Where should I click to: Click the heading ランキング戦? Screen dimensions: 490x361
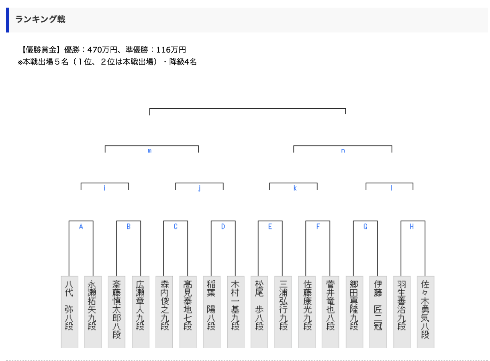point(40,19)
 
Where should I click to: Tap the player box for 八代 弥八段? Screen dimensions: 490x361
point(69,311)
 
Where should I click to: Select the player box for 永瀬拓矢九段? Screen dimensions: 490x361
point(93,311)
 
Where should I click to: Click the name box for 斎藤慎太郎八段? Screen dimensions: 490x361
point(116,311)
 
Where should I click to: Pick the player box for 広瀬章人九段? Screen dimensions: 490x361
point(140,311)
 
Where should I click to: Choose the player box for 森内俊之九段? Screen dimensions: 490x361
point(164,311)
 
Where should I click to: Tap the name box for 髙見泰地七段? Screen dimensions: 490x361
point(188,311)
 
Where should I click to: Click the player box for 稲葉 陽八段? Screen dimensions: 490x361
point(212,311)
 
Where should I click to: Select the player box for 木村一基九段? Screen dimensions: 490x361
point(235,311)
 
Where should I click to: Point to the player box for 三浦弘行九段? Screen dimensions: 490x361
point(283,311)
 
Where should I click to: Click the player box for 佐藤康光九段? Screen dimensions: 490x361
point(307,311)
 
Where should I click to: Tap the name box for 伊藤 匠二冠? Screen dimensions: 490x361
point(378,311)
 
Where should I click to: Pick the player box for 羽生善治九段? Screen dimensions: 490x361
point(402,311)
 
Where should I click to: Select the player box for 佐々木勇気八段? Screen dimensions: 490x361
point(425,311)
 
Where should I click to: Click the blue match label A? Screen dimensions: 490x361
point(81,227)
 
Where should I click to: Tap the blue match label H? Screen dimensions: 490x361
point(412,227)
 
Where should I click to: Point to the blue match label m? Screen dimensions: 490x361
point(150,151)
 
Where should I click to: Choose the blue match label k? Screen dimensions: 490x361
point(295,188)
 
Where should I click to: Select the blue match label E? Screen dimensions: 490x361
point(270,227)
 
